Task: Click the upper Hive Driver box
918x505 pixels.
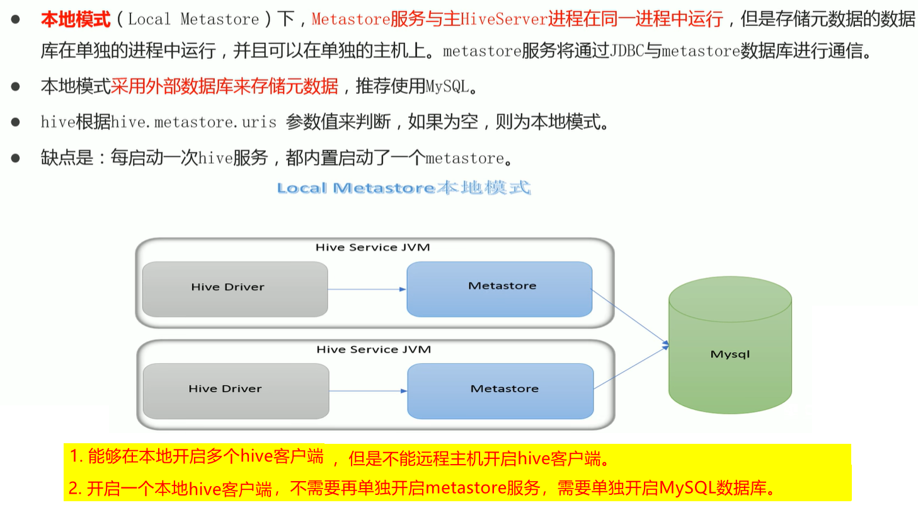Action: click(x=234, y=289)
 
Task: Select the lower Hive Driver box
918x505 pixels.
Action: click(x=236, y=390)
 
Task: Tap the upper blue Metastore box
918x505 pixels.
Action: click(x=499, y=288)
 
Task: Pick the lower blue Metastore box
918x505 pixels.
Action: click(x=500, y=390)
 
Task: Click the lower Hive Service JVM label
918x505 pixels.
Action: click(x=374, y=349)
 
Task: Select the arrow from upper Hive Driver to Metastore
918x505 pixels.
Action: click(x=367, y=289)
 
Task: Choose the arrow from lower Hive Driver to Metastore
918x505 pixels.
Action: click(x=368, y=391)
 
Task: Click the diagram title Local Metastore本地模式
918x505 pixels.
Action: click(x=404, y=188)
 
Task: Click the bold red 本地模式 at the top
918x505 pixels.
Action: click(x=76, y=19)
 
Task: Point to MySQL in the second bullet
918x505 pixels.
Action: click(x=448, y=86)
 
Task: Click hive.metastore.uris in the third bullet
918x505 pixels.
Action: click(x=193, y=122)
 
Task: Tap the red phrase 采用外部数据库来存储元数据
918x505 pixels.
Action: click(x=225, y=86)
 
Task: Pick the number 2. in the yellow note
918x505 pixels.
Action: click(x=76, y=487)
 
